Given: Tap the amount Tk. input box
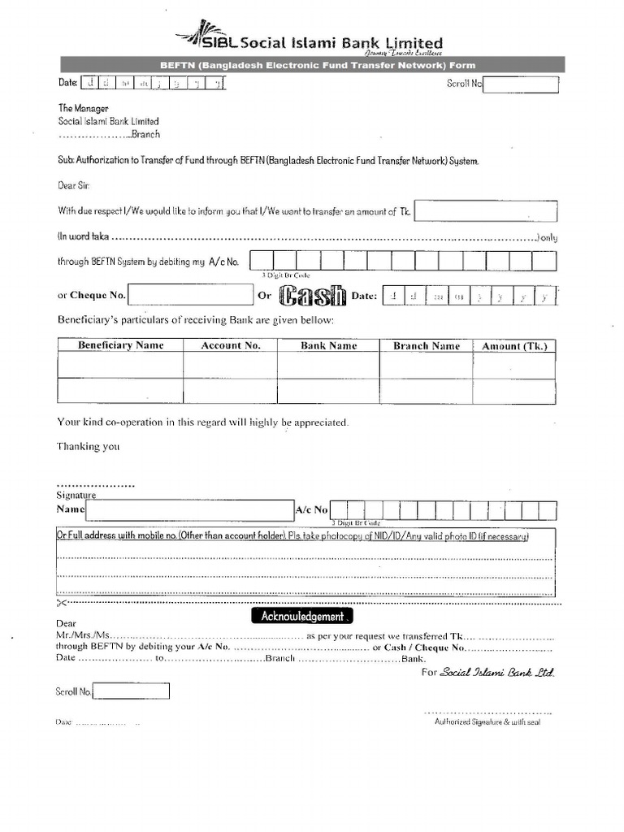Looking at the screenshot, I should [x=486, y=211].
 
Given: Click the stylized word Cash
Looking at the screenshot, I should [x=313, y=296].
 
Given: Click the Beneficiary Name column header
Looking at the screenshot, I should [x=120, y=345].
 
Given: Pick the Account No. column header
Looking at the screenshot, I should [x=231, y=345].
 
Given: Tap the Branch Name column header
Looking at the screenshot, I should [x=427, y=345].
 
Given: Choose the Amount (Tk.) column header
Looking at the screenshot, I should [x=514, y=345].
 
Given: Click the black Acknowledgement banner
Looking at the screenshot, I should [x=303, y=617].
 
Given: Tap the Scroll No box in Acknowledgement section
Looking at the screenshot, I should [x=132, y=691].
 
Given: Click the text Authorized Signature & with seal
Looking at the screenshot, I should [x=487, y=721].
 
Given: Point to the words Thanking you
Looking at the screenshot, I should [x=88, y=446].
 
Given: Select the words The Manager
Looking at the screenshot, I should [x=83, y=108].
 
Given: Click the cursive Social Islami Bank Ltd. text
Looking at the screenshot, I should [x=497, y=673].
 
